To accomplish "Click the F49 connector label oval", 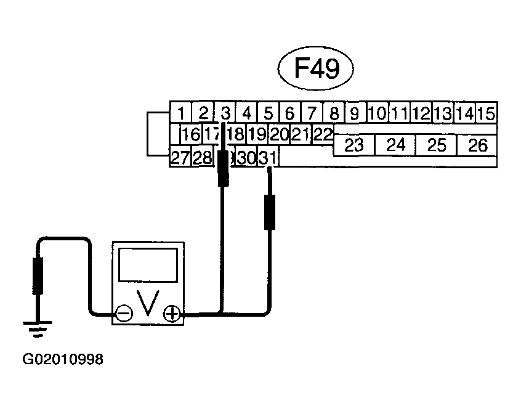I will tap(317, 69).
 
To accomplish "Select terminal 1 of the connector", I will tap(181, 113).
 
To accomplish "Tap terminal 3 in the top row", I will tap(225, 113).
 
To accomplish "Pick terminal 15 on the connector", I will tap(487, 113).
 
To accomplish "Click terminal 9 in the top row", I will tap(355, 113).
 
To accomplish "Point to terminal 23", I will tap(354, 145).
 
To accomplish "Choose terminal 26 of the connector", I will tap(477, 145).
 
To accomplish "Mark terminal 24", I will tap(396, 145).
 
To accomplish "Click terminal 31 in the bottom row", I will tap(267, 158).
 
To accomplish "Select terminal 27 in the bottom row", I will tap(180, 158).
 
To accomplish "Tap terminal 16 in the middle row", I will tap(192, 133).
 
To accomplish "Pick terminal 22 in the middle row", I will tap(321, 133).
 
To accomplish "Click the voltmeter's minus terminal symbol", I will tap(124, 314).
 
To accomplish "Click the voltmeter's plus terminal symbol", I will tap(172, 314).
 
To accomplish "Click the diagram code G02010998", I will tap(63, 359).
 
